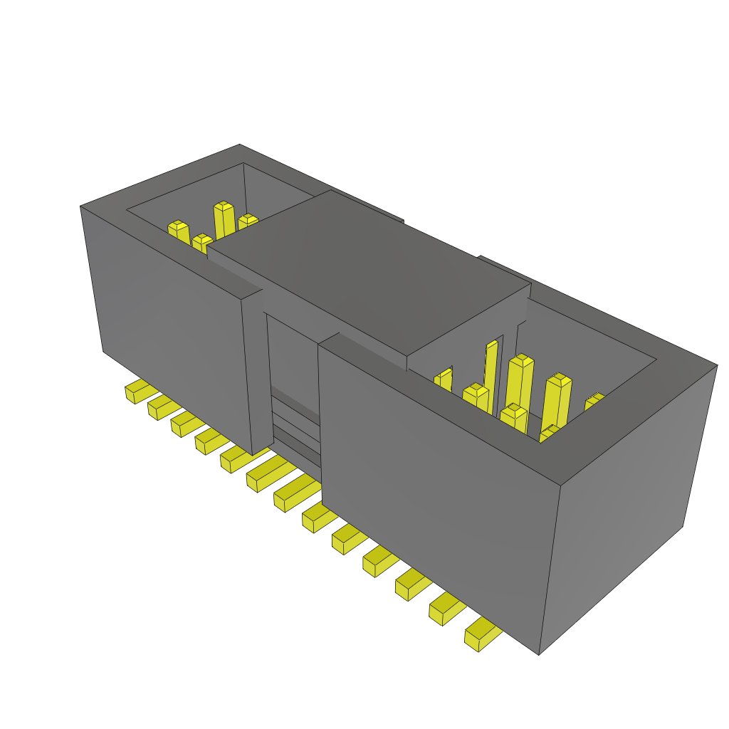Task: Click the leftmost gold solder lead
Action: pos(139,391)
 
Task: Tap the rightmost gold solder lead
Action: pos(481,634)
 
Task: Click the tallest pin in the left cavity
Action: pos(224,220)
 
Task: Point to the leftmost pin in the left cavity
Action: pos(179,232)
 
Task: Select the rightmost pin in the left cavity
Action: pos(247,221)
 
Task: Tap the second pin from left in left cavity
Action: pos(201,243)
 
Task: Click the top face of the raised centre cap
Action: pos(370,271)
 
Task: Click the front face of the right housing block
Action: pos(434,484)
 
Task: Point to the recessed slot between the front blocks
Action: pos(292,377)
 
